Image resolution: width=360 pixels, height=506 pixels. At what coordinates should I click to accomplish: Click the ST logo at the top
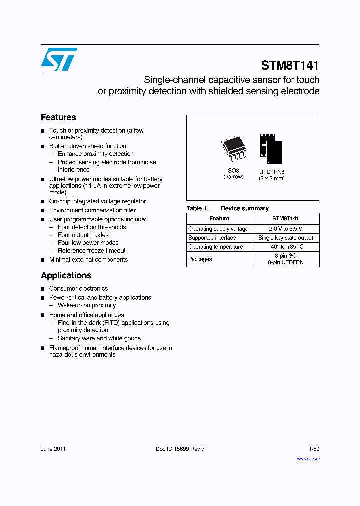point(59,59)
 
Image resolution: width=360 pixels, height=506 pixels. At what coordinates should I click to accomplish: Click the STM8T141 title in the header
point(290,65)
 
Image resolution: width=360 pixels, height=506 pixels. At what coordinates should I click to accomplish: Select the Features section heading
point(58,117)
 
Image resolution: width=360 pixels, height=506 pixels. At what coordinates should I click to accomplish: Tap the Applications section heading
point(66,275)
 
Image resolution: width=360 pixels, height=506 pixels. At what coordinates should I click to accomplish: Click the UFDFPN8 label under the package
point(272,171)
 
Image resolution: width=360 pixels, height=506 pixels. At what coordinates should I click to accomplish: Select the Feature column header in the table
point(219,218)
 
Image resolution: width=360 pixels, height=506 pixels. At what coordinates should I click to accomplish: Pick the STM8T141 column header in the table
point(285,218)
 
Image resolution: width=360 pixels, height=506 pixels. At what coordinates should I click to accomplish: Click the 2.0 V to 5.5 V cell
point(285,229)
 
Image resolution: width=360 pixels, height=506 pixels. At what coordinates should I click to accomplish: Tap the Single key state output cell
point(286,238)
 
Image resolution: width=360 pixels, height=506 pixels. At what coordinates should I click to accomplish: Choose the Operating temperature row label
point(216,247)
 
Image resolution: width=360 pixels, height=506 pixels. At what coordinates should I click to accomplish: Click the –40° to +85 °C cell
point(285,247)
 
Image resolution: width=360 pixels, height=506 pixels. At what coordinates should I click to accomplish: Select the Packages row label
point(200,259)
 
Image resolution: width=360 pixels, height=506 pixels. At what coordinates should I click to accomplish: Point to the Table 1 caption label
point(194,208)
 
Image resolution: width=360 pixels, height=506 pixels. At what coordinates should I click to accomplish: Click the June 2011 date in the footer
point(53,449)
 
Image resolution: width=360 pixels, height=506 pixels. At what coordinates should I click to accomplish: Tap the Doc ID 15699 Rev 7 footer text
point(180,449)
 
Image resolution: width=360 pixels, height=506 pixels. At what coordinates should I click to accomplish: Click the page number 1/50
point(314,449)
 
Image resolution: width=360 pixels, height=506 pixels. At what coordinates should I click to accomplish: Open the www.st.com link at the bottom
point(308,458)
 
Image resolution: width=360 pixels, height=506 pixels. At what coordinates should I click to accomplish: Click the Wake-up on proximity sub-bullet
point(87,305)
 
